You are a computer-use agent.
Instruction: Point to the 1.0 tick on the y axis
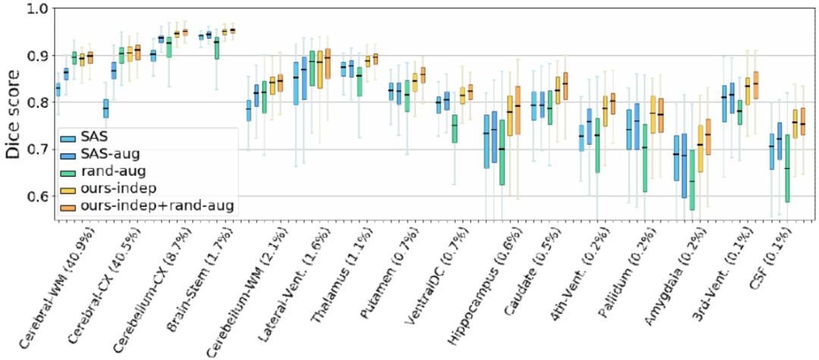pos(37,9)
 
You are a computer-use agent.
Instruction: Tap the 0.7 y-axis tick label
pos(37,149)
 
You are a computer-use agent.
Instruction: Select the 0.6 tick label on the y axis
pos(37,196)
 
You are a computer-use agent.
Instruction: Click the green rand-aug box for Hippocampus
pos(502,163)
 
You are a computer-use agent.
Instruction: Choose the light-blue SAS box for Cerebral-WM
pos(58,89)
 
